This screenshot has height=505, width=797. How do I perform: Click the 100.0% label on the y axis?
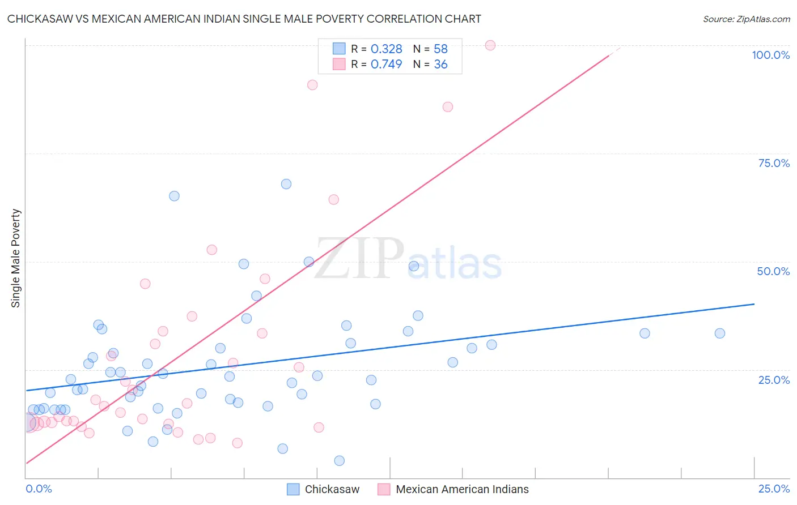click(770, 55)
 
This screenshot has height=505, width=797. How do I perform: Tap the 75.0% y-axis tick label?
click(774, 163)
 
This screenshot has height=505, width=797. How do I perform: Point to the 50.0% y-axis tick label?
click(773, 271)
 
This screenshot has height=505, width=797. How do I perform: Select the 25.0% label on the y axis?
click(774, 380)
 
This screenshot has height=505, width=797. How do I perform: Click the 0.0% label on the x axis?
click(39, 489)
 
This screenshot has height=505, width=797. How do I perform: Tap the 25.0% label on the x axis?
click(774, 489)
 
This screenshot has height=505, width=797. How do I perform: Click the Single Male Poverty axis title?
click(16, 258)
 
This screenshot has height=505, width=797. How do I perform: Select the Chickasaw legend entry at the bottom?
click(332, 489)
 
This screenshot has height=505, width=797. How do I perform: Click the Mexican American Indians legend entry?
click(462, 489)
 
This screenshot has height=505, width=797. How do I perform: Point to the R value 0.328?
click(386, 49)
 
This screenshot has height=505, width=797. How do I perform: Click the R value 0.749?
click(386, 65)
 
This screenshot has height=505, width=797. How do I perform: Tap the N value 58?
click(440, 49)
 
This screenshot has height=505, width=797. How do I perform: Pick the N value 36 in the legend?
click(440, 65)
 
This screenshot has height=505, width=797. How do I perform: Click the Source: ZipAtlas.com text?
click(746, 19)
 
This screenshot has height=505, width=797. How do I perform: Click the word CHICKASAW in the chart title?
click(40, 19)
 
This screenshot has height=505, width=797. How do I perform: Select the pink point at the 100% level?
click(490, 45)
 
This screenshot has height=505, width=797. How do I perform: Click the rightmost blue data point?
click(720, 333)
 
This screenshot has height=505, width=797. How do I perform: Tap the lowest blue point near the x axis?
click(340, 461)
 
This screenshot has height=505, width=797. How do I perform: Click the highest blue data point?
click(286, 184)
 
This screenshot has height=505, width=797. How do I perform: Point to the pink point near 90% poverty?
click(312, 85)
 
